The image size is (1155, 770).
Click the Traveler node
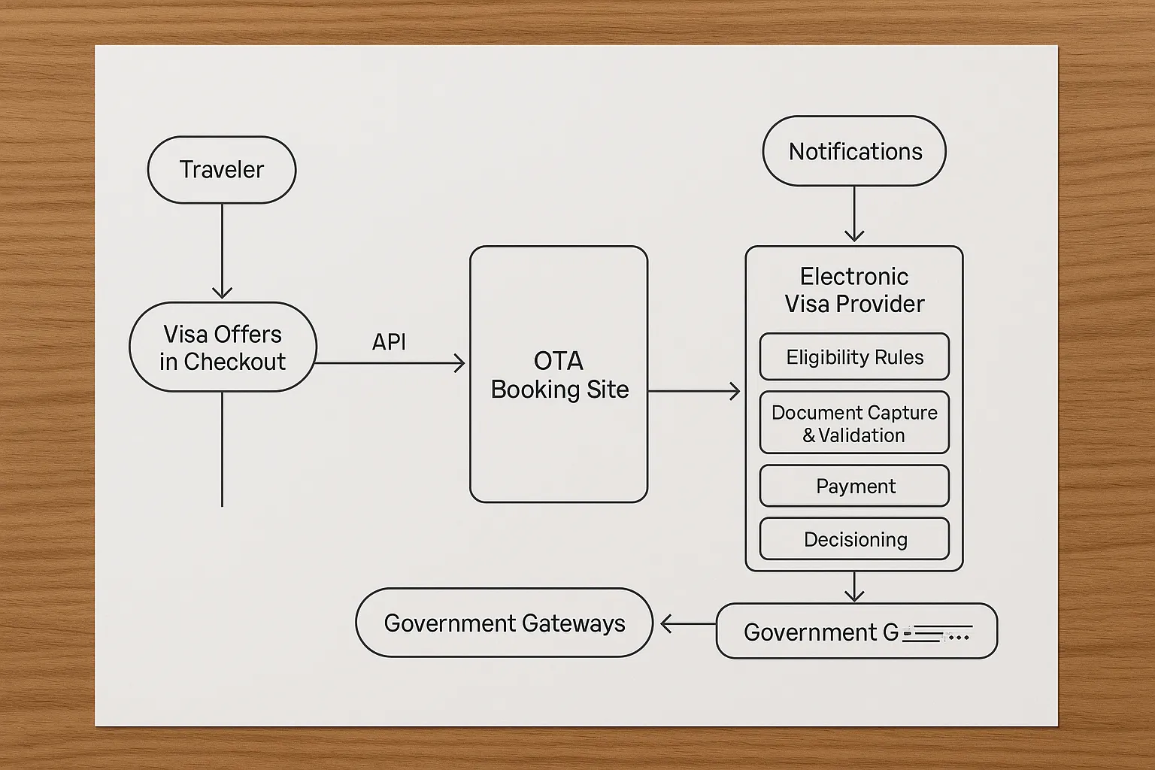[x=222, y=170]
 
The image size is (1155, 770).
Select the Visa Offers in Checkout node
[x=223, y=347]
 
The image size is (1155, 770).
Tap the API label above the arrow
[x=389, y=342]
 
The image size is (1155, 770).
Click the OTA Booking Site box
[x=559, y=374]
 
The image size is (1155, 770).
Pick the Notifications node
[x=854, y=151]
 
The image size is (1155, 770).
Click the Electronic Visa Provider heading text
[x=854, y=290]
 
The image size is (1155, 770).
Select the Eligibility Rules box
[x=854, y=357]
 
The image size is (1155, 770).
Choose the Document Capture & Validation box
[x=854, y=423]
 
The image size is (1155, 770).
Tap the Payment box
[x=854, y=487]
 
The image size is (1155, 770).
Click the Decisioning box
[x=854, y=539]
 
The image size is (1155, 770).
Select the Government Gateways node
[x=504, y=623]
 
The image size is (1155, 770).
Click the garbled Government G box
[x=856, y=632]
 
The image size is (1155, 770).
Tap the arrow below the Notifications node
[x=854, y=214]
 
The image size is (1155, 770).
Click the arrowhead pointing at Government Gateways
[x=666, y=623]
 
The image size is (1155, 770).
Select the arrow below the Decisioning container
[x=854, y=587]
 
